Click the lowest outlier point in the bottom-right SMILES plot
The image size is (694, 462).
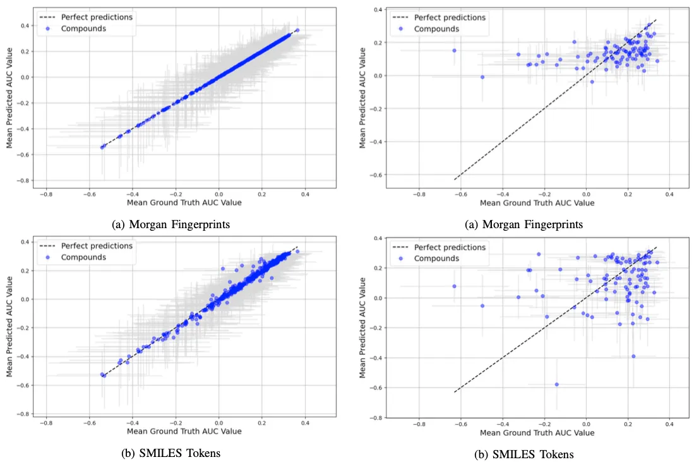(556, 384)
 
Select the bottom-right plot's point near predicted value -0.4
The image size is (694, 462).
(633, 356)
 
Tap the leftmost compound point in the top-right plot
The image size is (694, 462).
(454, 51)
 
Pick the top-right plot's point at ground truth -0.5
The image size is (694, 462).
(482, 77)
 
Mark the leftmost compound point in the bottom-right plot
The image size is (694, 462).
(454, 286)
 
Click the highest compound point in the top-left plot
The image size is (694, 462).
(297, 30)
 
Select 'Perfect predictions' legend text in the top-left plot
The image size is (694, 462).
(97, 17)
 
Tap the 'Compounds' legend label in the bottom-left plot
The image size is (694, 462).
(83, 257)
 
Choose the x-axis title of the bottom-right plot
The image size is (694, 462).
(537, 433)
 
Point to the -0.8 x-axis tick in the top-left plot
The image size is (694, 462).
(45, 194)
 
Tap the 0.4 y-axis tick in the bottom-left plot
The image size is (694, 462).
(27, 242)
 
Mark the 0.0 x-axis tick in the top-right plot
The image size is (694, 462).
(586, 194)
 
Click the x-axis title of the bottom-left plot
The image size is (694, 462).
(184, 431)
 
